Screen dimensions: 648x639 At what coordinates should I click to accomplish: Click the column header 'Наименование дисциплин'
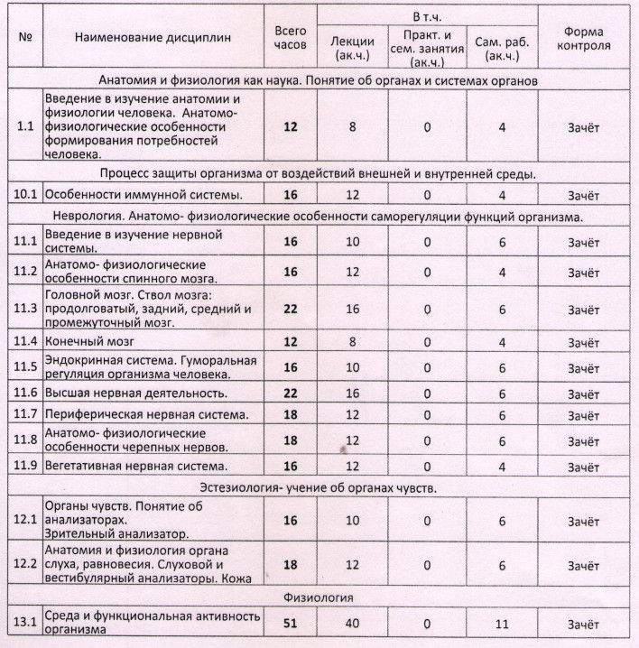coord(153,38)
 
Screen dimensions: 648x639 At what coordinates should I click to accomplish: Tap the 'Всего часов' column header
coord(290,38)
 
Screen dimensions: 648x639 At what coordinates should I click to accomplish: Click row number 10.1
coord(25,195)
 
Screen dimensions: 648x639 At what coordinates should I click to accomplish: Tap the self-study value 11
coord(502,624)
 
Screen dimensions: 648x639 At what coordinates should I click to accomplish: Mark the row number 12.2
coord(25,565)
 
